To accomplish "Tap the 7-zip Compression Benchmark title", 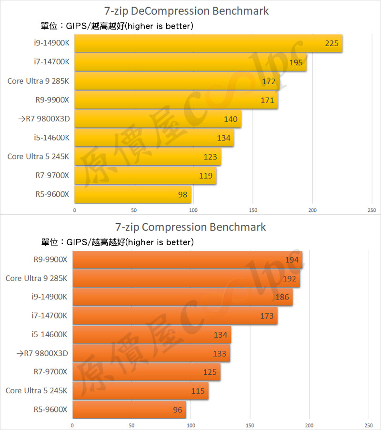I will point(190,227).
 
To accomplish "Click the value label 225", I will point(331,43).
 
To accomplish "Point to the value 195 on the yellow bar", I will point(296,62).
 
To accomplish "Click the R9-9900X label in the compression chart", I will point(50,260).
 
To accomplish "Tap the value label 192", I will point(289,279).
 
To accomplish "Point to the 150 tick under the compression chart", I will point(250,426).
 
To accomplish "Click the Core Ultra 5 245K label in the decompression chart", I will point(38,156).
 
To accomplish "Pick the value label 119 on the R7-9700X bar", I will point(206,176).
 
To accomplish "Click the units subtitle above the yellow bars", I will point(117,26).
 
